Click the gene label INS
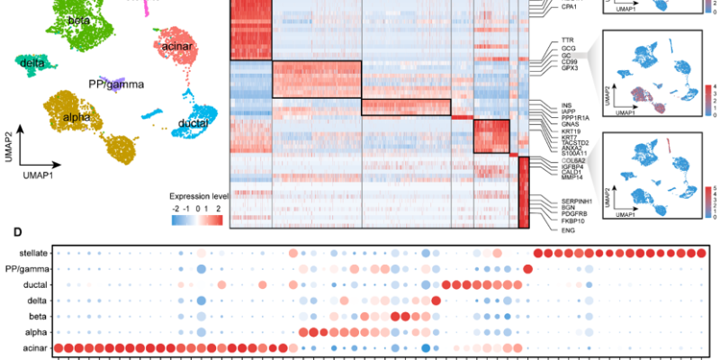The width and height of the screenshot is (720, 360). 567,104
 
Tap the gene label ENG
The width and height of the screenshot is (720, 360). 568,230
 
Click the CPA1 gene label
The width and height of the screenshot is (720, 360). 570,7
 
